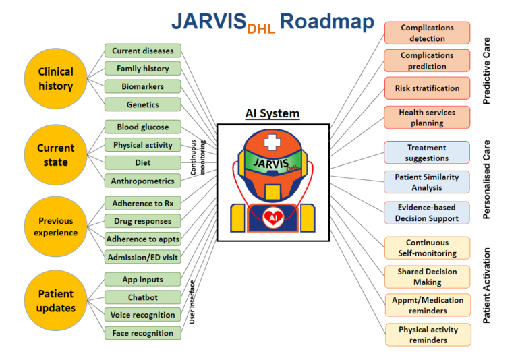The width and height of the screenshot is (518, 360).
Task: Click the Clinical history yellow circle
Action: (56, 79)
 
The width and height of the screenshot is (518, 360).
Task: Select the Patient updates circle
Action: (56, 301)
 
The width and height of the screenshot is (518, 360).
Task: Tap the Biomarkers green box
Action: (143, 86)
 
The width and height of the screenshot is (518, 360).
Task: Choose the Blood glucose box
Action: (143, 127)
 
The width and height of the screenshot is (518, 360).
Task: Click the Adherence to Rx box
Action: (143, 203)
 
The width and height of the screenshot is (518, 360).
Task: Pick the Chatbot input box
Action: (143, 297)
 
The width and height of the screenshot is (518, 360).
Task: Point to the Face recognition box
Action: (143, 333)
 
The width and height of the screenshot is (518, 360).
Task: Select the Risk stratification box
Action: (427, 88)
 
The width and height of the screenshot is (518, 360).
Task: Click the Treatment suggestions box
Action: (427, 152)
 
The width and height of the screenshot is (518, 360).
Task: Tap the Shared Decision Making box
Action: (427, 277)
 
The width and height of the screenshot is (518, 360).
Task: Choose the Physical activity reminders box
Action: (428, 334)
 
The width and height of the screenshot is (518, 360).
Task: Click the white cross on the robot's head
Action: (272, 142)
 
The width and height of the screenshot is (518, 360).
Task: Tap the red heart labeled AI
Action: (273, 218)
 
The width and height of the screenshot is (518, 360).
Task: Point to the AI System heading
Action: (272, 113)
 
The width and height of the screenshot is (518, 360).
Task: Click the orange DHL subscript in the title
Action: (261, 29)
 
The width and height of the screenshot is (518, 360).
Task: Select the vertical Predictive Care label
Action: (486, 71)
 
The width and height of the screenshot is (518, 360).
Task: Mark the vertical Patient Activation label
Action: (486, 285)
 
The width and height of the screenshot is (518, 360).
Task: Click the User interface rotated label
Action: (192, 302)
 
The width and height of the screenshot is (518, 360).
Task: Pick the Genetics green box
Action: (143, 104)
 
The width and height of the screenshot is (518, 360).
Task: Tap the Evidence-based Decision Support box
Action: (427, 213)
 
